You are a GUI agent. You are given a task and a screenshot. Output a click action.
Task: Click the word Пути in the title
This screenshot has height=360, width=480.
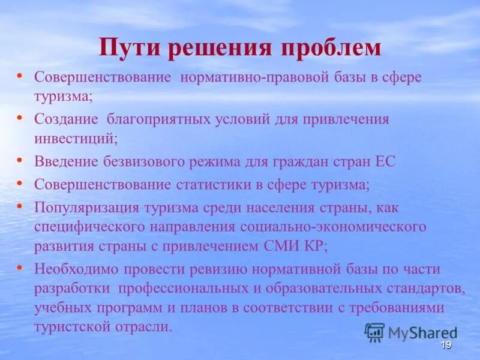[x=127, y=47]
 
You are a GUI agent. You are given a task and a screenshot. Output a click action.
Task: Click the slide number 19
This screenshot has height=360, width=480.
[x=445, y=345]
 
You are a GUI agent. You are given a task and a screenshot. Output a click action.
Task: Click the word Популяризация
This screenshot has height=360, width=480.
[x=86, y=208]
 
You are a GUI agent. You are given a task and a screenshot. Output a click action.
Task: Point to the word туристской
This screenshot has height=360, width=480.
[x=67, y=327]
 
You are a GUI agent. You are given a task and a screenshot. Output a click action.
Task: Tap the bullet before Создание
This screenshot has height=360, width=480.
[x=20, y=117]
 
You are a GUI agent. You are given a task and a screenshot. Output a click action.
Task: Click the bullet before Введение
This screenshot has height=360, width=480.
[x=20, y=159]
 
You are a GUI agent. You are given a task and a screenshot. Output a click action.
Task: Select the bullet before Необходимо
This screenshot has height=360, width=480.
[x=20, y=267]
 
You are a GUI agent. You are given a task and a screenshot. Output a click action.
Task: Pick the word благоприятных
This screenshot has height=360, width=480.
[x=158, y=119]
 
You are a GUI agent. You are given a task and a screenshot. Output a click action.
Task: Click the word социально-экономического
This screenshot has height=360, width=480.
[x=333, y=227]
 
